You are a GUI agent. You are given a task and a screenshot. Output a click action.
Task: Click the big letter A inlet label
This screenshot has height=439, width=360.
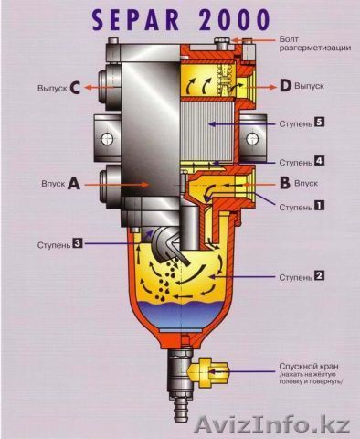pyautogui.click(x=73, y=184)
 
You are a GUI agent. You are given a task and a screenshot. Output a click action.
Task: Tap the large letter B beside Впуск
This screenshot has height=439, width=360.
pyautogui.click(x=285, y=183)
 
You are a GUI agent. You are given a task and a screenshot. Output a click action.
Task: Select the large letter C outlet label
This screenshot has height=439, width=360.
pyautogui.click(x=75, y=88)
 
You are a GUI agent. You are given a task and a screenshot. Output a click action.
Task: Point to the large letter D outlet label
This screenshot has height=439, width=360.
pyautogui.click(x=286, y=86)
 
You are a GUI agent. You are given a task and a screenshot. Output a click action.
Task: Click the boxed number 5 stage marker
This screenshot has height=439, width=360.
pyautogui.click(x=319, y=123)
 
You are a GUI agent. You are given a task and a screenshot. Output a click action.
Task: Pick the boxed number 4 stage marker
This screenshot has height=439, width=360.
pyautogui.click(x=319, y=161)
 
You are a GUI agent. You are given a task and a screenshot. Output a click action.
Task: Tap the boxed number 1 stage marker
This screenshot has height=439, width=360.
pyautogui.click(x=319, y=206)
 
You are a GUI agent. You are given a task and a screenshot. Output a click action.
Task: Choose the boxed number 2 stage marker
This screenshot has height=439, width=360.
pyautogui.click(x=319, y=275)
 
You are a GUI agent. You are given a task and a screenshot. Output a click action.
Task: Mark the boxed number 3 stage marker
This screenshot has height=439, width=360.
pyautogui.click(x=78, y=243)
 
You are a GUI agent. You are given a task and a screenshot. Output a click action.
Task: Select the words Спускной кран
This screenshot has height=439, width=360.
pyautogui.click(x=309, y=366)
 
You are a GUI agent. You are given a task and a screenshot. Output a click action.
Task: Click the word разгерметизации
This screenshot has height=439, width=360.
pyautogui.click(x=315, y=48)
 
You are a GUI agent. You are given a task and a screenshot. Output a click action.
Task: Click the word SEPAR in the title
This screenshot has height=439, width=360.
pyautogui.click(x=136, y=20)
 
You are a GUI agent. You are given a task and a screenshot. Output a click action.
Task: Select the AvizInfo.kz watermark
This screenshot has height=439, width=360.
pyautogui.click(x=272, y=423)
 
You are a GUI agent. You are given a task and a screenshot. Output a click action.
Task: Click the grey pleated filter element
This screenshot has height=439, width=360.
pyautogui.click(x=207, y=132)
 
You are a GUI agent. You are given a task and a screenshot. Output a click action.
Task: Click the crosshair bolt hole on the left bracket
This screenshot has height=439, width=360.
pyautogui.click(x=107, y=139)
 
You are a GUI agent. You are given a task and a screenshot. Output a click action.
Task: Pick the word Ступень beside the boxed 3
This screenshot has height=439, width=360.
pyautogui.click(x=54, y=245)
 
